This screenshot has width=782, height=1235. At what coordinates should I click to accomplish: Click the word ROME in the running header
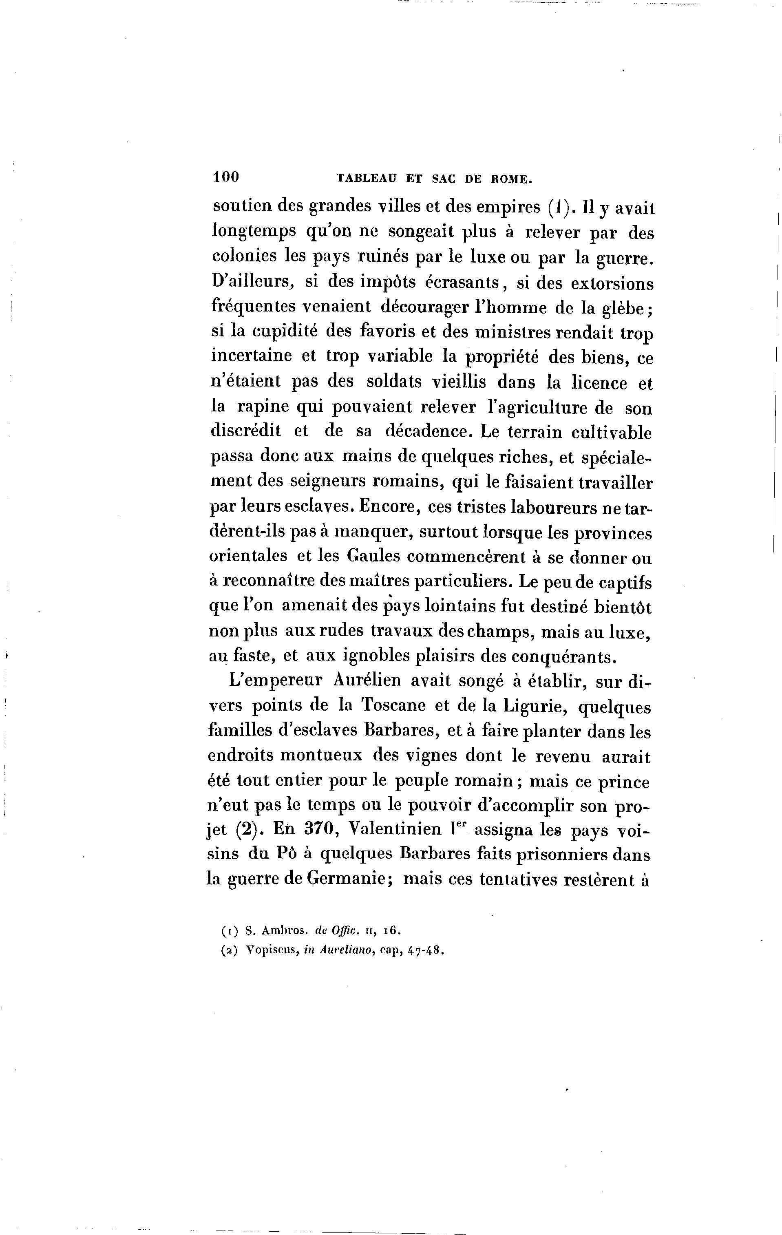click(x=511, y=179)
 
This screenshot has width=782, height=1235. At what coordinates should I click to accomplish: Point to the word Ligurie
click(x=533, y=706)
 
